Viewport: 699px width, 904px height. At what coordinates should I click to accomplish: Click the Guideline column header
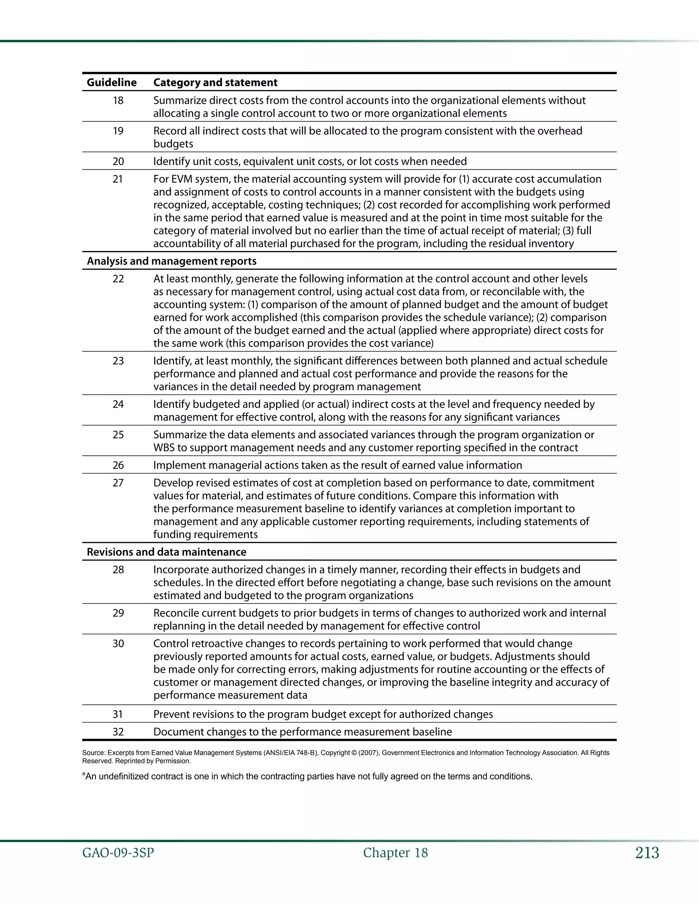click(111, 82)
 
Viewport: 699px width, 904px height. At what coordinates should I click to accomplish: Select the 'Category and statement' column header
click(215, 82)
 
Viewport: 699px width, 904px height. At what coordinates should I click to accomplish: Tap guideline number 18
click(118, 101)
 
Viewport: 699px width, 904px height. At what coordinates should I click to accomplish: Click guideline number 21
click(118, 179)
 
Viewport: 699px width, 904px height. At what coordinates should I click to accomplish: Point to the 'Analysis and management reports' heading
click(171, 261)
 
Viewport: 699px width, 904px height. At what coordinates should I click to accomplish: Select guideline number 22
click(118, 279)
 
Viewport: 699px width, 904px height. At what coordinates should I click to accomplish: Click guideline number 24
click(118, 404)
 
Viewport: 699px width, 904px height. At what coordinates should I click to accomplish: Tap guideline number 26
click(118, 465)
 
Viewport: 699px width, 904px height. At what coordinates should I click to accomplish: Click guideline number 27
click(118, 483)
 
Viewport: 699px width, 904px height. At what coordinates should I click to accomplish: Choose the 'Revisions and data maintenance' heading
click(167, 552)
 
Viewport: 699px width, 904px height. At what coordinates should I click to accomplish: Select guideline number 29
click(118, 613)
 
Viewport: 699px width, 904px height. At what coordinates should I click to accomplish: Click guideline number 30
click(118, 644)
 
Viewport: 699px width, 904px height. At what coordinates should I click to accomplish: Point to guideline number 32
click(118, 732)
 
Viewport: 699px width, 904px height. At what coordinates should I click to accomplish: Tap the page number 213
click(647, 853)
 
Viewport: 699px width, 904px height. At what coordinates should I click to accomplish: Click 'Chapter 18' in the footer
click(396, 853)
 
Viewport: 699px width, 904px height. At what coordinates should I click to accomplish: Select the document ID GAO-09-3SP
click(118, 853)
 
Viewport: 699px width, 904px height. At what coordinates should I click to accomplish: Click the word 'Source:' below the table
click(94, 753)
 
